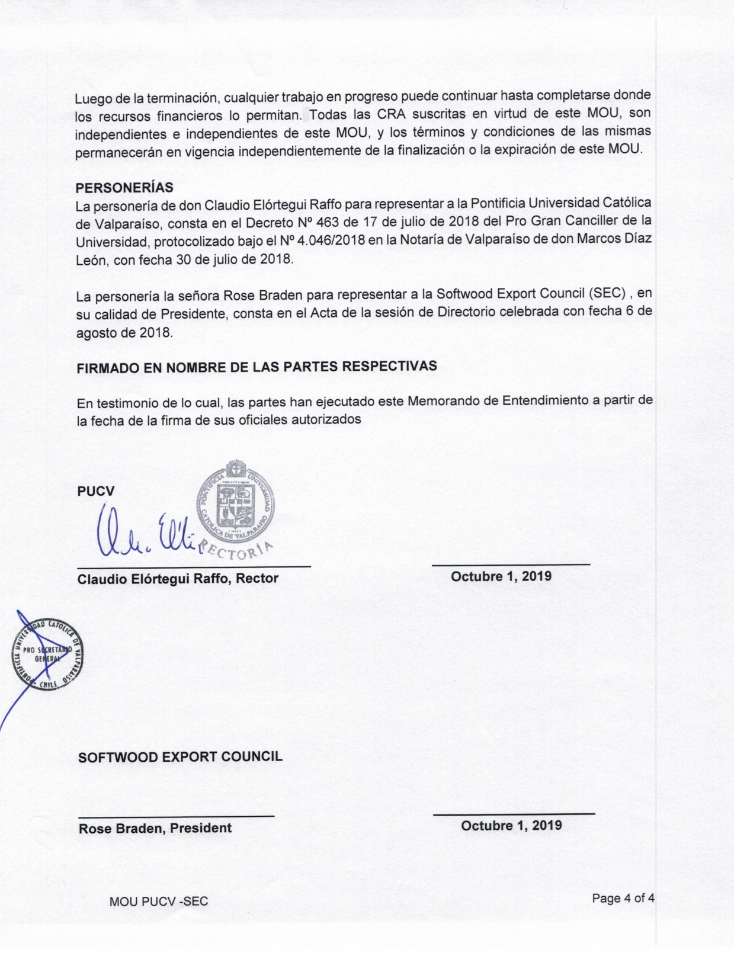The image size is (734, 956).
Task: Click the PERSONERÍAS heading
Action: (124, 188)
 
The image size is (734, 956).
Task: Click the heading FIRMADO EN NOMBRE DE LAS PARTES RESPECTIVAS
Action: (257, 367)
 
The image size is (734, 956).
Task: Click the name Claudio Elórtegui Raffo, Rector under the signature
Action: (178, 579)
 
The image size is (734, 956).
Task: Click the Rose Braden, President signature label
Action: (155, 828)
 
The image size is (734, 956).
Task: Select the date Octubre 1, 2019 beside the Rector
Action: (501, 576)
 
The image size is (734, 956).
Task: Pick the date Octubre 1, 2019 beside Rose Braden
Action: (511, 826)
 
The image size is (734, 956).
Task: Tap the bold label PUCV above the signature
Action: (95, 491)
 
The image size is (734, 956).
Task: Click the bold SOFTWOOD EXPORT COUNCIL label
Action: (180, 757)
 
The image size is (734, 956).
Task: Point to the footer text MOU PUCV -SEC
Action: (159, 902)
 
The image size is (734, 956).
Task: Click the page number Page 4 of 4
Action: (623, 899)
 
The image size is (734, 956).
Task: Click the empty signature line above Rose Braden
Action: (177, 817)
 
